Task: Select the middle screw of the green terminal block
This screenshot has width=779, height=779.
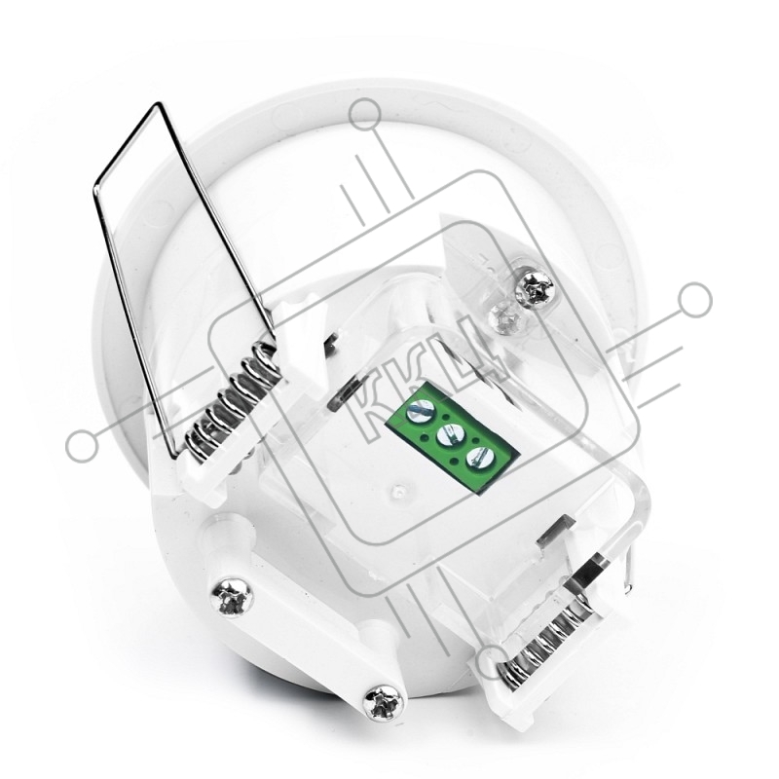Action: pos(447,436)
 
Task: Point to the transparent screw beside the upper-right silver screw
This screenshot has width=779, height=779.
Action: pos(505,315)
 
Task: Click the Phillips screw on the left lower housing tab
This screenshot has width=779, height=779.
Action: pos(233,596)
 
